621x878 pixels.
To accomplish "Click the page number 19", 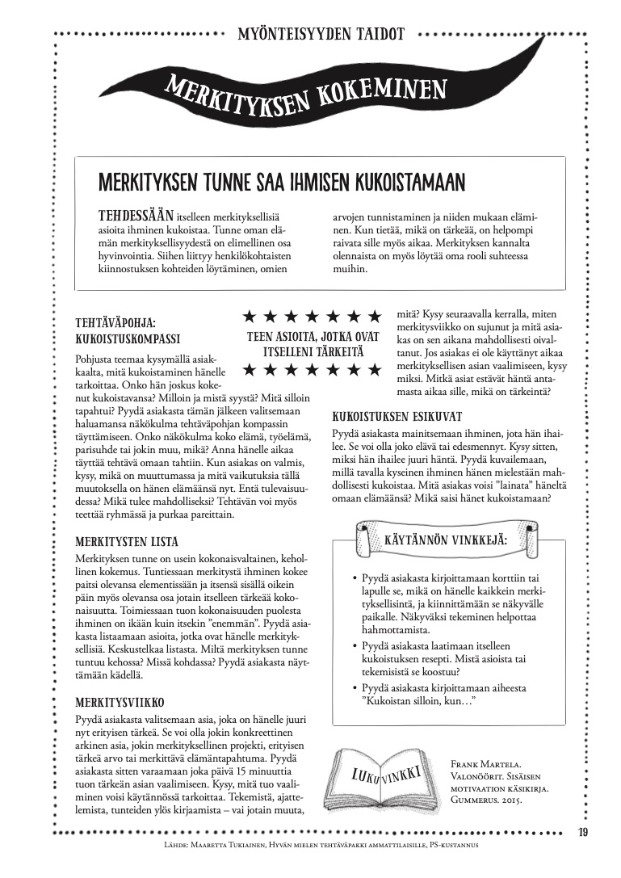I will tap(584, 833).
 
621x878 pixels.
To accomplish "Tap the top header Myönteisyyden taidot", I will tap(321, 35).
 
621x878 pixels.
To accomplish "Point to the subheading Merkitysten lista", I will tap(127, 542).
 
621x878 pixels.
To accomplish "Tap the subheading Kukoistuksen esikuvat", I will tap(397, 416).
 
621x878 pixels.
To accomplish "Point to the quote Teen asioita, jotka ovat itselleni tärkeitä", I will tap(312, 344).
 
